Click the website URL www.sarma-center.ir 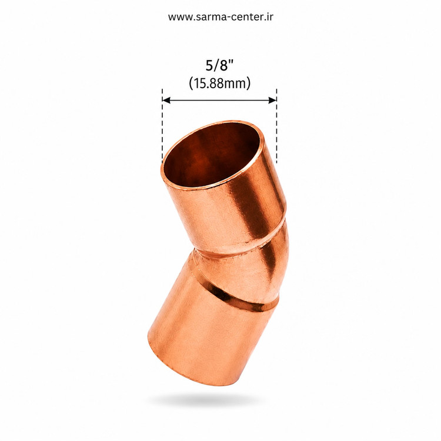tap(220, 17)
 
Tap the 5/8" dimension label tap(220, 66)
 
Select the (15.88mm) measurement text tap(220, 83)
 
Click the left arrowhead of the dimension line tap(166, 100)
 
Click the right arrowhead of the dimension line tap(272, 100)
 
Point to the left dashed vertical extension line tap(162, 126)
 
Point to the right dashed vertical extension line tap(276, 126)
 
